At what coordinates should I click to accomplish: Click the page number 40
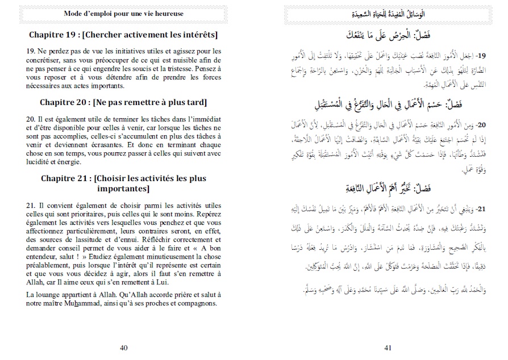(x=124, y=348)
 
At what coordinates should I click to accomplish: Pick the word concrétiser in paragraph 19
(x=47, y=60)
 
